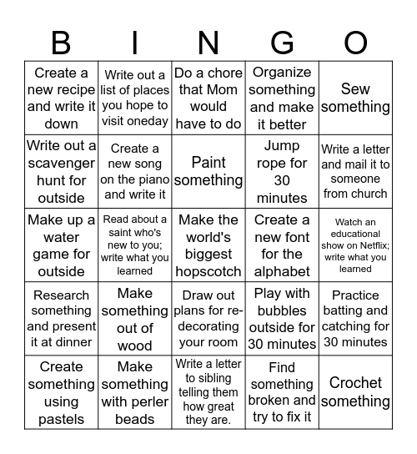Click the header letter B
pyautogui.click(x=62, y=43)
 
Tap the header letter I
pyautogui.click(x=135, y=43)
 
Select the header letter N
pyautogui.click(x=208, y=43)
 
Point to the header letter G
pyautogui.click(x=282, y=43)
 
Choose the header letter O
pyautogui.click(x=355, y=43)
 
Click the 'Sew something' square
pyautogui.click(x=355, y=98)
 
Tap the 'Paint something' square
pyautogui.click(x=208, y=171)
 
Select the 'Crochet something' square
pyautogui.click(x=355, y=391)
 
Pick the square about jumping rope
pyautogui.click(x=282, y=171)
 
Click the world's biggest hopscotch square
pyautogui.click(x=208, y=245)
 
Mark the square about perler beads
pyautogui.click(x=135, y=391)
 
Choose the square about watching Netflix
pyautogui.click(x=355, y=245)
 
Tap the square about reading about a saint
pyautogui.click(x=135, y=245)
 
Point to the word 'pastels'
pyautogui.click(x=62, y=419)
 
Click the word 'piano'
pyautogui.click(x=152, y=179)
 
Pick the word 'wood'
pyautogui.click(x=135, y=346)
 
